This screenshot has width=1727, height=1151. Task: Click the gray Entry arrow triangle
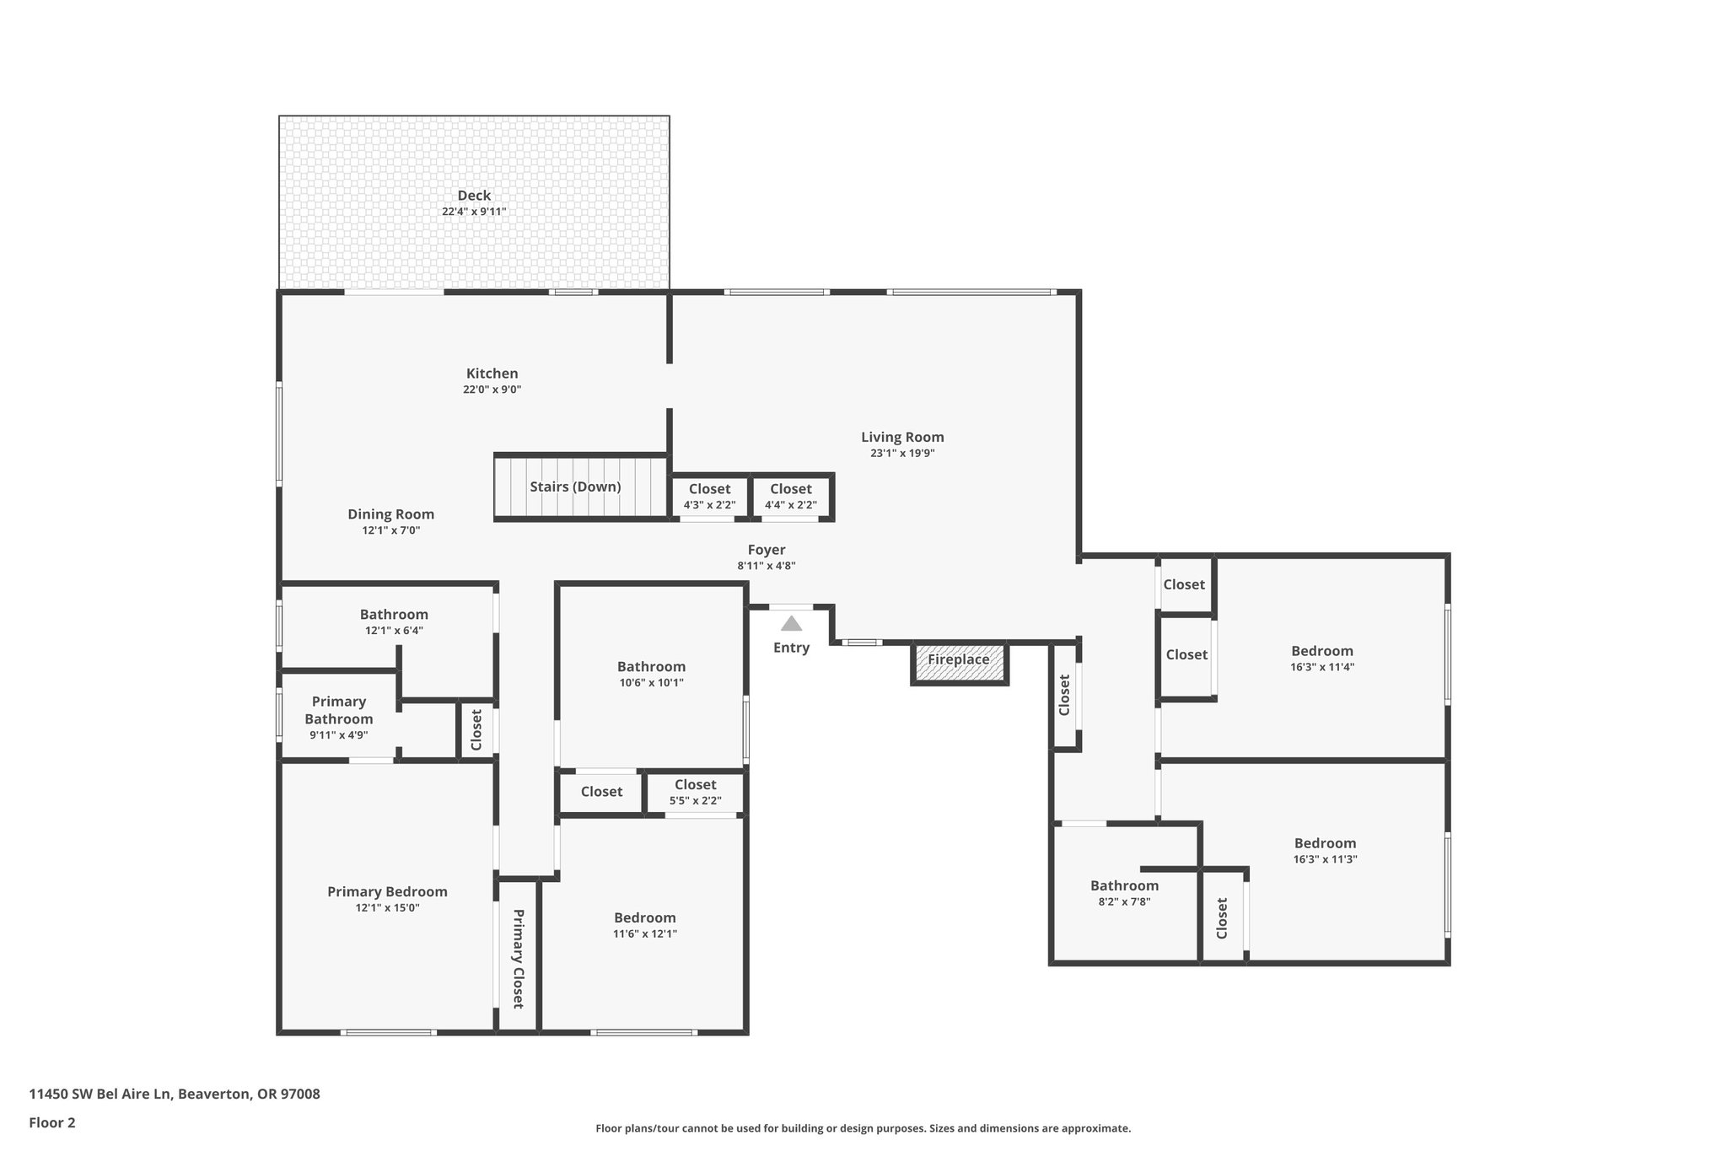click(791, 624)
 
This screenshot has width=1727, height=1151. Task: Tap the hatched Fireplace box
click(959, 660)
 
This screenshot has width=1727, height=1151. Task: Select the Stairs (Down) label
click(575, 487)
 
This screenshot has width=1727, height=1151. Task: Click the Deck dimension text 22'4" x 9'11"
click(474, 212)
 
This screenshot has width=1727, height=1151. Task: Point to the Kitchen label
click(492, 374)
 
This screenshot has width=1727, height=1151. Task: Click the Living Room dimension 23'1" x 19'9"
click(902, 453)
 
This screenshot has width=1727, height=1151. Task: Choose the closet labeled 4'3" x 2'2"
click(709, 497)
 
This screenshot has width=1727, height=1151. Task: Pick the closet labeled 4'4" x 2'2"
click(790, 497)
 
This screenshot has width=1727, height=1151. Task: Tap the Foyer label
click(767, 550)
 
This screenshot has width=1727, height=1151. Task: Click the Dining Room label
click(391, 514)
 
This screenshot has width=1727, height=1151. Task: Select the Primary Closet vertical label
click(518, 959)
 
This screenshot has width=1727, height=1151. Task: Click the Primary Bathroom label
click(339, 710)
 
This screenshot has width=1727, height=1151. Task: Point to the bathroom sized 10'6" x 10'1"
click(651, 675)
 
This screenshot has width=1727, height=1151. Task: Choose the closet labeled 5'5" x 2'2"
click(695, 793)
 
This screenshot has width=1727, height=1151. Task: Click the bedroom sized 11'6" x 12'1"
click(644, 925)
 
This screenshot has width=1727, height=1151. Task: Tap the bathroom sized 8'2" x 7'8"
click(1124, 893)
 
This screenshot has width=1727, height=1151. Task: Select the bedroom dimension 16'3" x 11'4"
click(1321, 667)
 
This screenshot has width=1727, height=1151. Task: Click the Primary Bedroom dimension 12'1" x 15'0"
click(387, 908)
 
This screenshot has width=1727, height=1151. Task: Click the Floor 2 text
click(52, 1122)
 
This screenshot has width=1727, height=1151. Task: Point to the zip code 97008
click(300, 1095)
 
